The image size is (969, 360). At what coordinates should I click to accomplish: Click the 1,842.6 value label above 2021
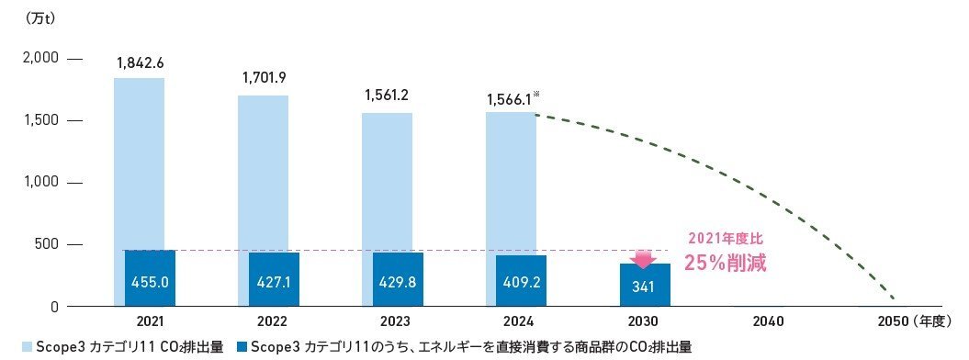141,62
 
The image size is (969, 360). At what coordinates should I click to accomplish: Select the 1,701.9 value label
265,79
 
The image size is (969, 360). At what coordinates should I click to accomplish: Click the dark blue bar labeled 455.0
150,278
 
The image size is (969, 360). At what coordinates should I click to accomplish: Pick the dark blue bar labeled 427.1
274,279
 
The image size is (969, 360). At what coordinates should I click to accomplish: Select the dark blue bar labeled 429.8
399,279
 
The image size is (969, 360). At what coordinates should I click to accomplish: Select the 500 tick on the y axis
45,244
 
